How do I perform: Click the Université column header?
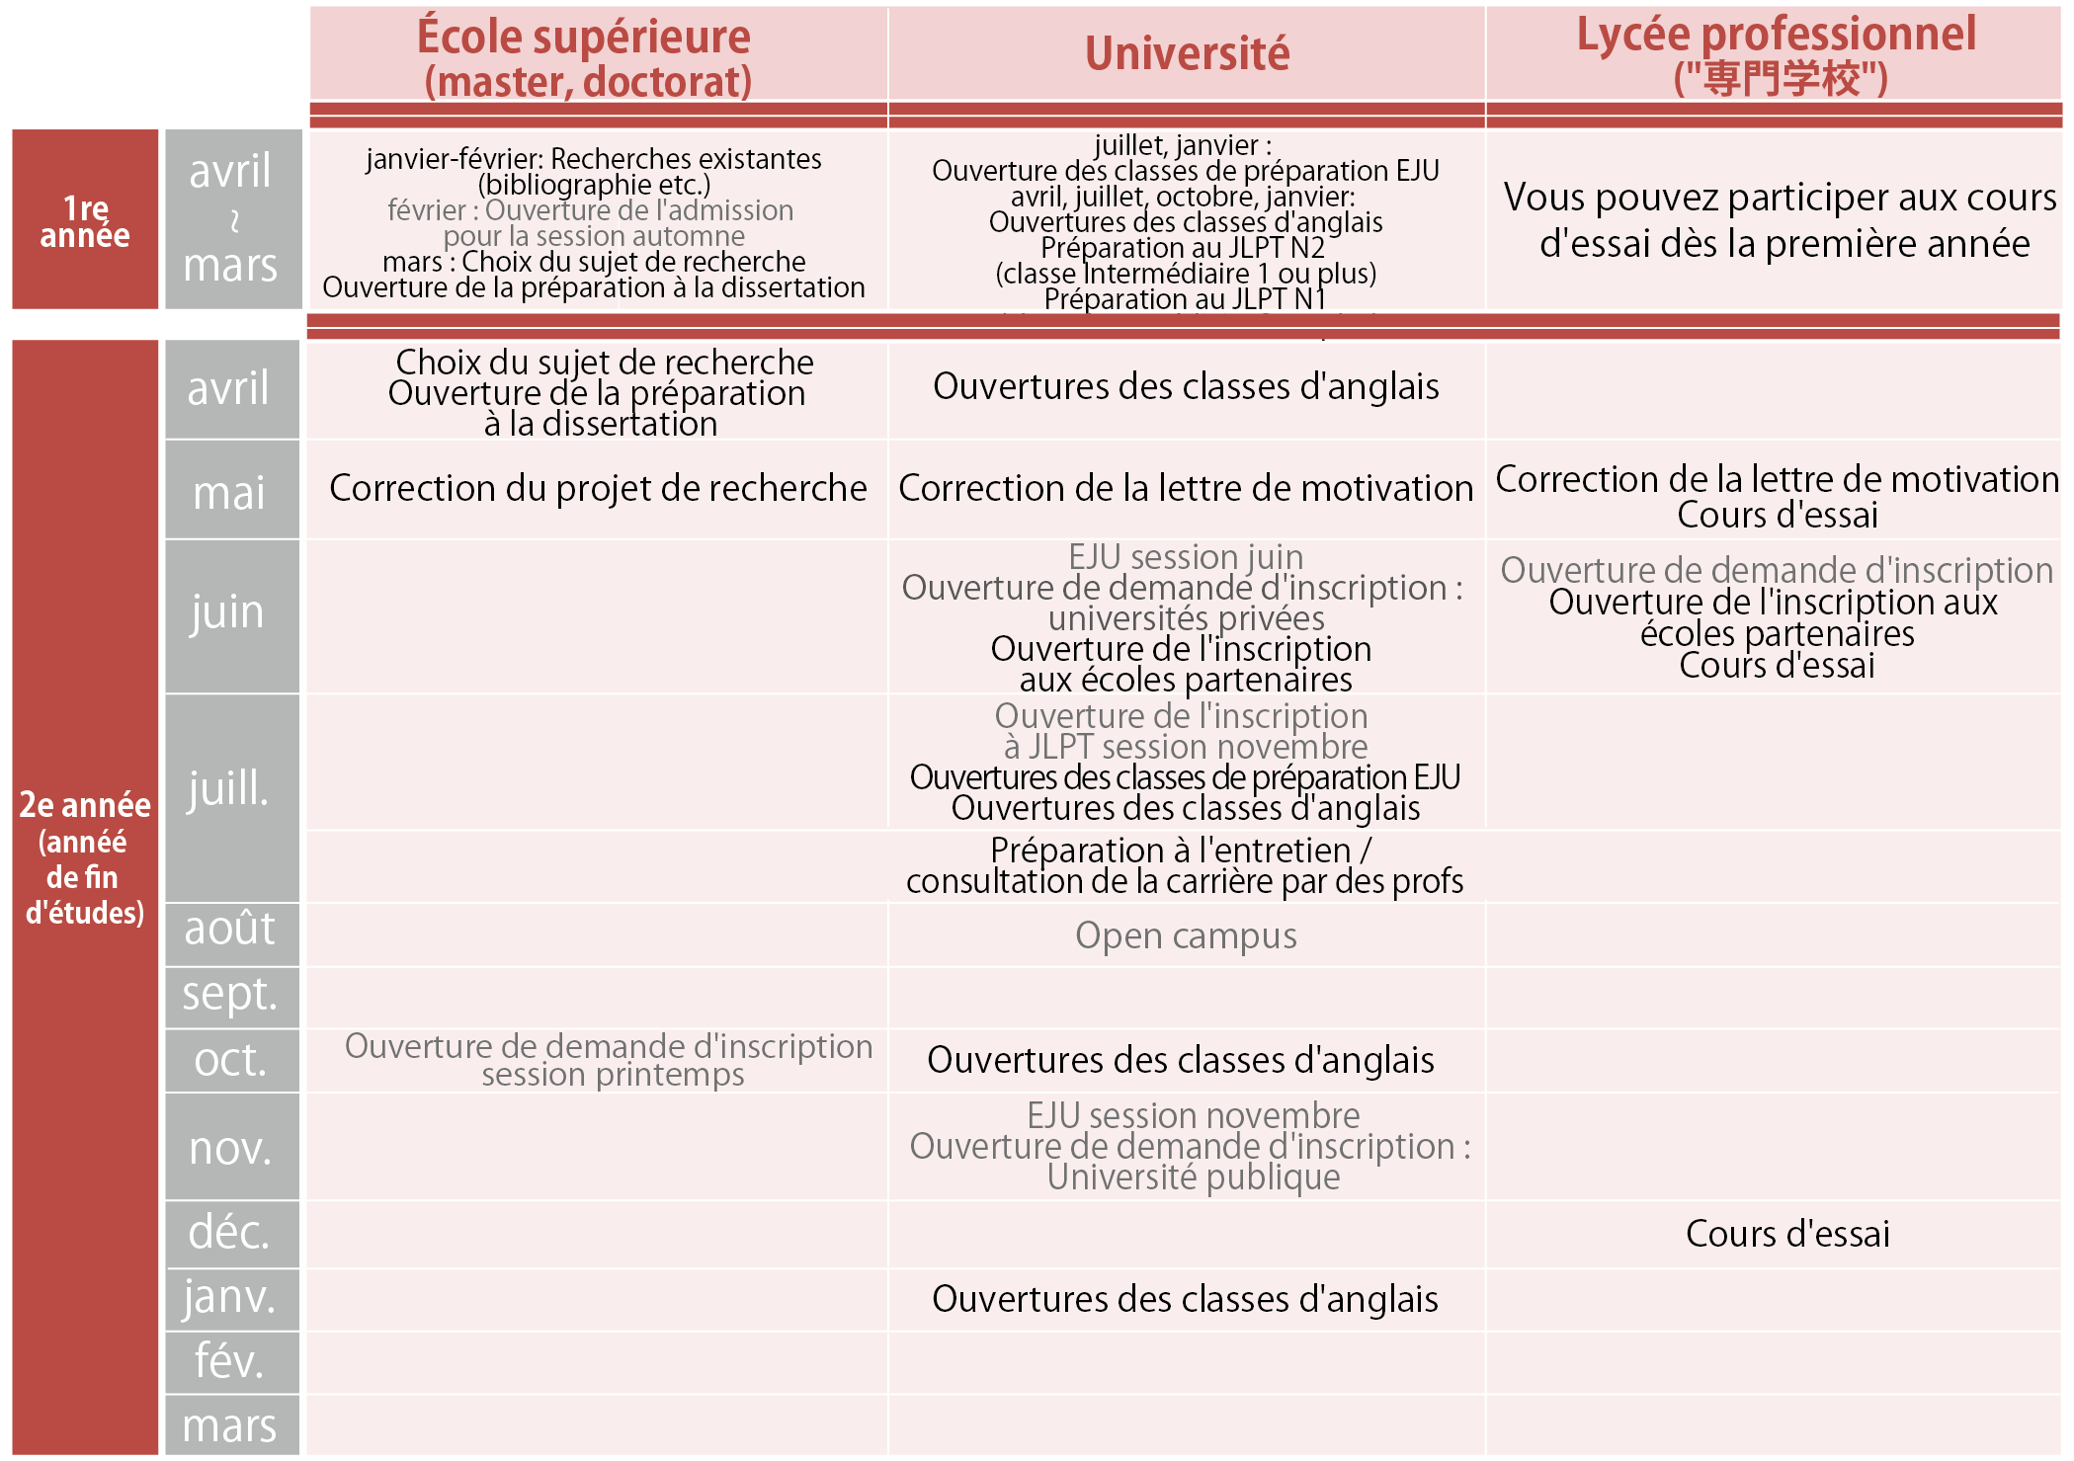coord(1187,54)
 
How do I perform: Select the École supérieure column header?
coord(585,57)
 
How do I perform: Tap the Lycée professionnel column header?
coord(1776,54)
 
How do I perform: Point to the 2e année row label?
coord(85,857)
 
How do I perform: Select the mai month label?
coord(229,492)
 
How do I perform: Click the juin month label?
coord(229,612)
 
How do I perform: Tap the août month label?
coord(229,930)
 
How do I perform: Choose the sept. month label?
coord(229,995)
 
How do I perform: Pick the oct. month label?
coord(229,1060)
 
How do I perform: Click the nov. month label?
coord(229,1148)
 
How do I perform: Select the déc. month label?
coord(229,1233)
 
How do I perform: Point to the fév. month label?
coord(229,1361)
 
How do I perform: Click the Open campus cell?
coord(1186,935)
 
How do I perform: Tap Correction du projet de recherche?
coord(598,488)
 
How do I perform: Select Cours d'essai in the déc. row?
coord(1787,1234)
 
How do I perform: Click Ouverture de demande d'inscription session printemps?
coord(609,1060)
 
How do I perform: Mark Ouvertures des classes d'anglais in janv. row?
coord(1185,1299)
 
